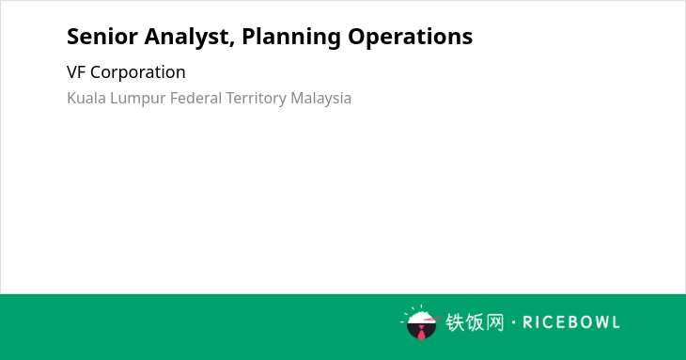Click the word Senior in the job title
102,37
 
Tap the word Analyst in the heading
186,38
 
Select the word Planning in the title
291,38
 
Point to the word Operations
411,38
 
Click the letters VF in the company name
76,72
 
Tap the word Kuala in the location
86,98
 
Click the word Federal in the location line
196,98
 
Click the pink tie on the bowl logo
421,334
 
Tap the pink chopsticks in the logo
432,319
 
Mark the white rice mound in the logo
420,317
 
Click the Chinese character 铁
455,322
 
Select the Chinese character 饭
475,322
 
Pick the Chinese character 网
494,322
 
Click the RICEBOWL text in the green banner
571,322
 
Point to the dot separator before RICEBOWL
513,322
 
